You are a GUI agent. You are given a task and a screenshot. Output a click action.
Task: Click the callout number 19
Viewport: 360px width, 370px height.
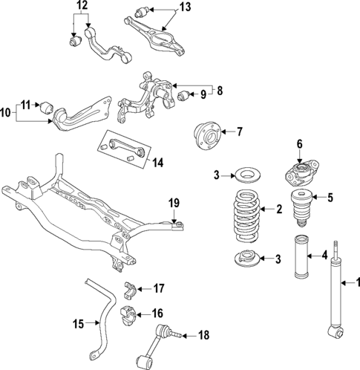pos(174,201)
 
